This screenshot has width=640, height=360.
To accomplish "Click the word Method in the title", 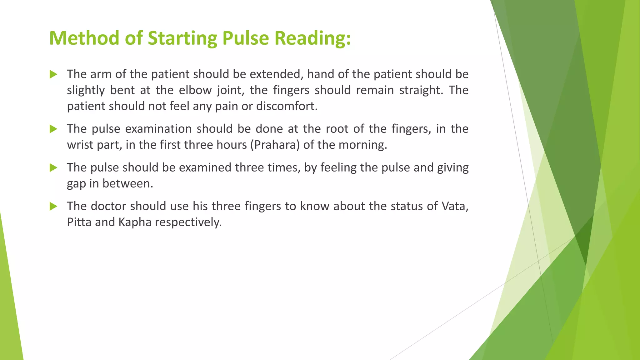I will (x=84, y=38).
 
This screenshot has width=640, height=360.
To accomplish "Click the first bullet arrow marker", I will (x=53, y=74).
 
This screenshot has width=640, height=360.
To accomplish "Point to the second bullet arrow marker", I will (x=53, y=129).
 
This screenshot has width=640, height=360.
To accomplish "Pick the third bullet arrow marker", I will (x=53, y=167).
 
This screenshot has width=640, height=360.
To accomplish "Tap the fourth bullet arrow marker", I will (x=53, y=206).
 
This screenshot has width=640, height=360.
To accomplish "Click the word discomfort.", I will (x=287, y=106).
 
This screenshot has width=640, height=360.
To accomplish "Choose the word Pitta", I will (x=79, y=222).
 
